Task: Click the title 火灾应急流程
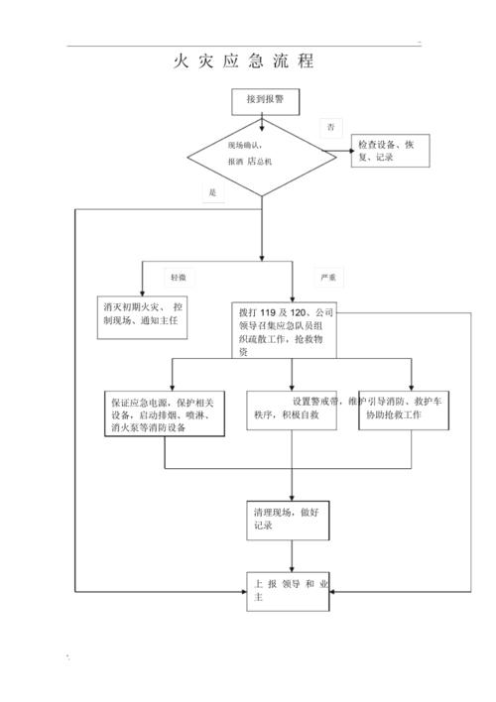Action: pyautogui.click(x=244, y=61)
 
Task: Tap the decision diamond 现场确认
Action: pyautogui.click(x=261, y=153)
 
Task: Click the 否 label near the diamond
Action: pyautogui.click(x=330, y=127)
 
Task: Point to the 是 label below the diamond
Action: pyautogui.click(x=212, y=192)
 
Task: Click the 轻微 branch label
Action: pyautogui.click(x=178, y=277)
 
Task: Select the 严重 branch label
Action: pyautogui.click(x=326, y=277)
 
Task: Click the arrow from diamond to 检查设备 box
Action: pyautogui.click(x=342, y=151)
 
